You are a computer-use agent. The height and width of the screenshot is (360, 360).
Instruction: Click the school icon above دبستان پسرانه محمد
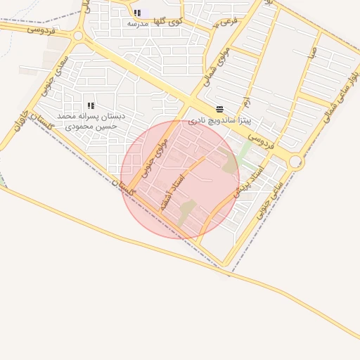pos(91,105)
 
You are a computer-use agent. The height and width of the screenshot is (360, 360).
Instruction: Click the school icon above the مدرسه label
pos(137,13)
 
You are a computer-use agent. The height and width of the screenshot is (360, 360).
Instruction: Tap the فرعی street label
pos(229,22)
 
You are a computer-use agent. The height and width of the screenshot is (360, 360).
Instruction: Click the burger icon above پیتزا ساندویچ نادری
pos(220,109)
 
